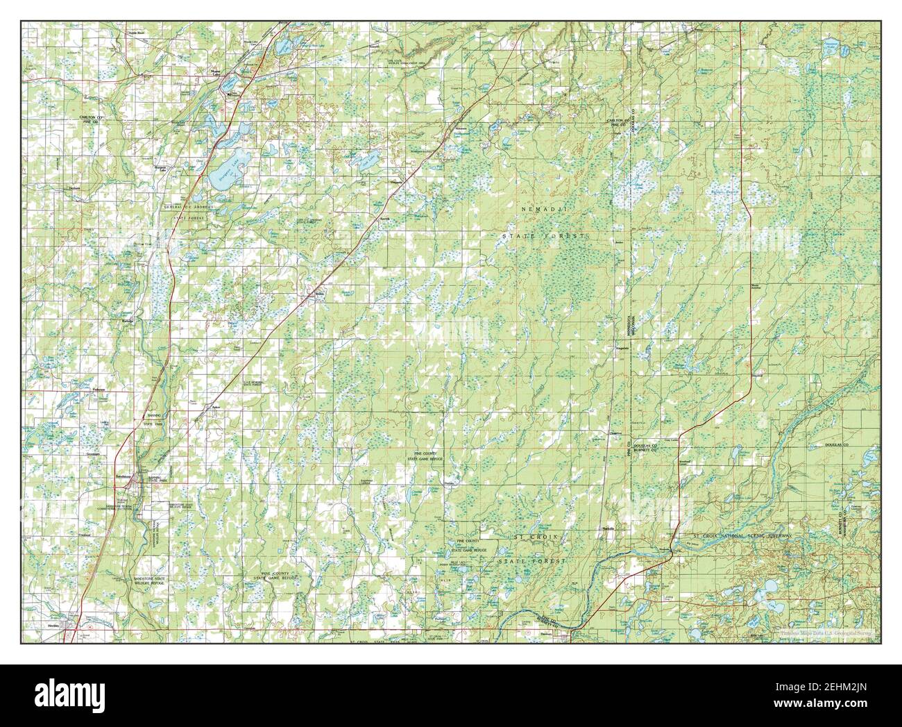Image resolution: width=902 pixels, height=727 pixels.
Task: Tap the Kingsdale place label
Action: [620, 347]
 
